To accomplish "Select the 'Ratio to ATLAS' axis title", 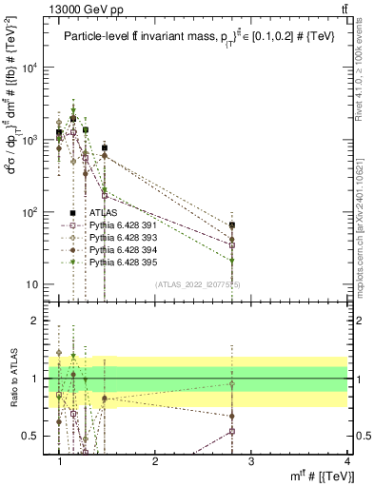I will [12, 379].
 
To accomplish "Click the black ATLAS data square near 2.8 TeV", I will [232, 225].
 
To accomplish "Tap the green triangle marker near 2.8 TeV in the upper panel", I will [232, 261].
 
